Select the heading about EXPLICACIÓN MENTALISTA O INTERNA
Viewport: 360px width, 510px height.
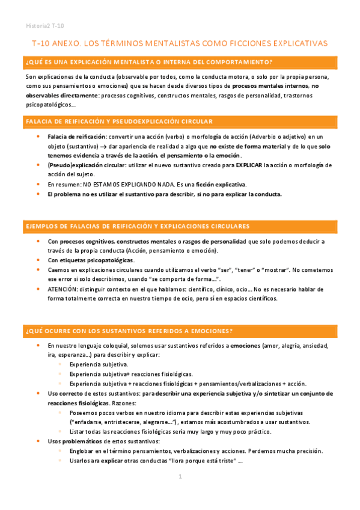(x=149, y=62)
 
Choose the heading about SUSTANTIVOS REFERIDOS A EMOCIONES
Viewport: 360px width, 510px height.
(x=129, y=331)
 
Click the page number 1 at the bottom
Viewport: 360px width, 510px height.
(x=180, y=476)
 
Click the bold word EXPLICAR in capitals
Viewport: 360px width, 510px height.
(x=248, y=165)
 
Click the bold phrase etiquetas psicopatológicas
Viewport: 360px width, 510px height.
(x=97, y=260)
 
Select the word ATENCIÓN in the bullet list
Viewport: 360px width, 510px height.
(x=62, y=289)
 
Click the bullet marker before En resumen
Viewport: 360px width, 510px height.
(x=40, y=184)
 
